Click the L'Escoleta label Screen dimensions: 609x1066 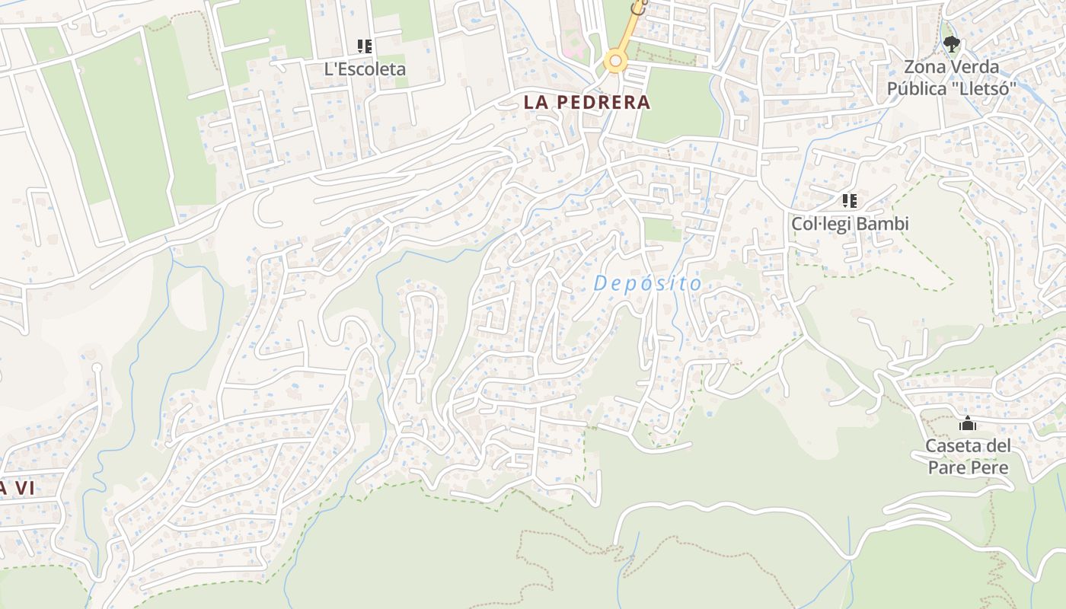365,69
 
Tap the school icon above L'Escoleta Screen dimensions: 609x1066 365,46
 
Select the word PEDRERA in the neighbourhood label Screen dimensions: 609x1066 603,102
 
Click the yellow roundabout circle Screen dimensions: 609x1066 615,62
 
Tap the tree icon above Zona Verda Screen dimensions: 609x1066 951,44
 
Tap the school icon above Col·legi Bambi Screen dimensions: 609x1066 850,201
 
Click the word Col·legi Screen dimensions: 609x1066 820,225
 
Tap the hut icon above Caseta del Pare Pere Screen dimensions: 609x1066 968,423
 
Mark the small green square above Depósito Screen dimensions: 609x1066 662,229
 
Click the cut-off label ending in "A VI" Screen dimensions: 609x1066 17,488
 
